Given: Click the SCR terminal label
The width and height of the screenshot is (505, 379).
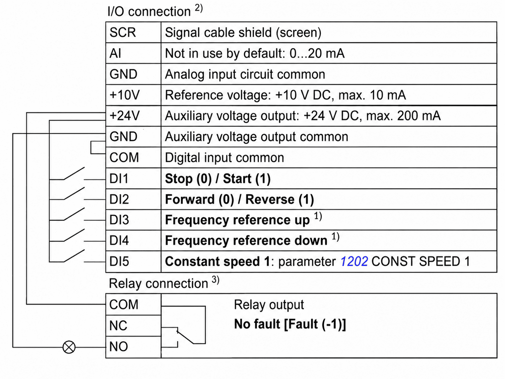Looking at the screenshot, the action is [x=123, y=32].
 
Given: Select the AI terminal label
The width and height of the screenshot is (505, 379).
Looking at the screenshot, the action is [x=115, y=53].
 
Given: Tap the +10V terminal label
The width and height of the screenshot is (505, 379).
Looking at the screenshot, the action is [x=125, y=95].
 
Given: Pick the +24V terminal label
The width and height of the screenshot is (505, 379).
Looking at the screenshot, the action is [x=125, y=116].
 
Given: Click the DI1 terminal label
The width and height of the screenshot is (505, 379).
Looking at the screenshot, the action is [x=119, y=178].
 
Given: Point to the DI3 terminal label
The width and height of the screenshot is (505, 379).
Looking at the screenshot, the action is [x=119, y=220].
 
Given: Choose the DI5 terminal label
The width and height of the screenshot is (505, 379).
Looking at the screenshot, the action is [x=119, y=261].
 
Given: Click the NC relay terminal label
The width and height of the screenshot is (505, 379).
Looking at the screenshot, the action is [x=118, y=326].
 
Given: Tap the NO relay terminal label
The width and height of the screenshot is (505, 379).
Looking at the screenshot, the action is [x=119, y=346].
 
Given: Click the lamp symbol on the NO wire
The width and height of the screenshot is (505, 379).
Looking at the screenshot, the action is [x=69, y=347].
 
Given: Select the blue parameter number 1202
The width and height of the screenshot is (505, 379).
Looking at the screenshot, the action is [x=354, y=261].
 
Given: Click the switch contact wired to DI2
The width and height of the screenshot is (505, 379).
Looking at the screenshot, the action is [x=74, y=193].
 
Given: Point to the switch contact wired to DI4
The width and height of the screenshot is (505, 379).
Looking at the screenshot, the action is [x=74, y=235].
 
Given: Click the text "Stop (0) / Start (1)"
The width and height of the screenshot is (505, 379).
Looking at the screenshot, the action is [x=218, y=179].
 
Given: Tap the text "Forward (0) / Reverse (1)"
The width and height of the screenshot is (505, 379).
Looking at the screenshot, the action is [x=240, y=200].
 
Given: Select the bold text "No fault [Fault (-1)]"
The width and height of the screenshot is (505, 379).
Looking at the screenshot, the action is [x=290, y=324].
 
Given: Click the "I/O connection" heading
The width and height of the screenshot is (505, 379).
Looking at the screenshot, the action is [x=149, y=12].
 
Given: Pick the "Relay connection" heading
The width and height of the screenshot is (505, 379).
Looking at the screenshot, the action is [x=159, y=283].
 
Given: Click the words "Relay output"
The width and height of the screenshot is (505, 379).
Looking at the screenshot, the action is [x=269, y=305].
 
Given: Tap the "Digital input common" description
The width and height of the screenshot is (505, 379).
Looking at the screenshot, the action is [x=225, y=158].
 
